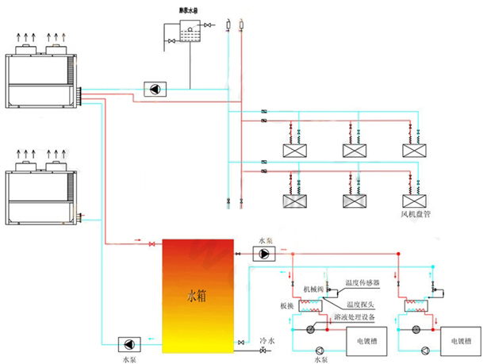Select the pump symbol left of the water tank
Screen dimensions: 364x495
129,343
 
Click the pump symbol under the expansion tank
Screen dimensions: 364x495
152,89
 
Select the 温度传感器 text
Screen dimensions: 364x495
363,282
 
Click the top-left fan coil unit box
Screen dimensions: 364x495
295,150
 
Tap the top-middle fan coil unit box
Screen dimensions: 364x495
355,150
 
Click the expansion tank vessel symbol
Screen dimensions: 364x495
187,31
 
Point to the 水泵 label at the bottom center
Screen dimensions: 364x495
320,359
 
